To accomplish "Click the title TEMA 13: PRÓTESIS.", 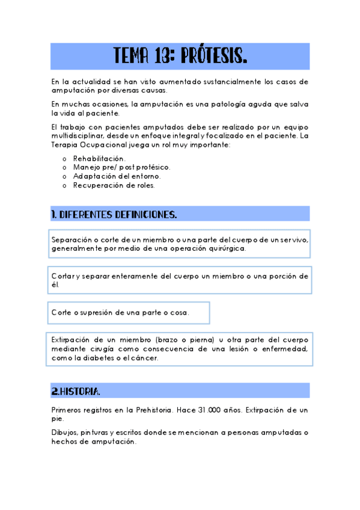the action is coord(180,57).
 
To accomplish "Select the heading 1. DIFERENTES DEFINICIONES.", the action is coord(114,214).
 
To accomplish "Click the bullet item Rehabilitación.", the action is coord(99,158).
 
